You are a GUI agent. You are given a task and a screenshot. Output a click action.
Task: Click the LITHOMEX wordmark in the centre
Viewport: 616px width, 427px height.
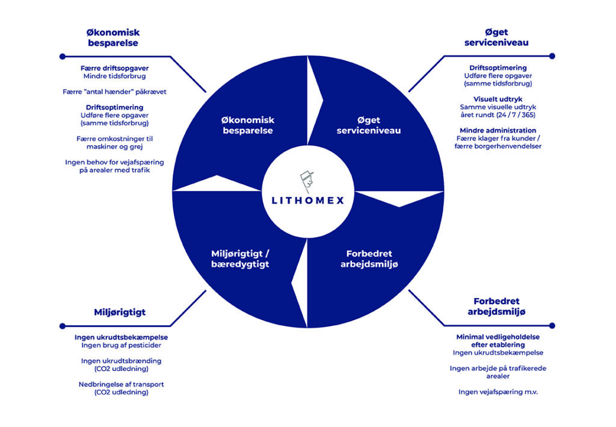308,201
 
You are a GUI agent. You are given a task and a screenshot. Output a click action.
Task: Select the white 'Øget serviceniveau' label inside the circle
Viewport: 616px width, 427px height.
369,125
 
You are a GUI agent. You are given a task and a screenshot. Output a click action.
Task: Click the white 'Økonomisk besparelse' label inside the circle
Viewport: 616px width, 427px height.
247,125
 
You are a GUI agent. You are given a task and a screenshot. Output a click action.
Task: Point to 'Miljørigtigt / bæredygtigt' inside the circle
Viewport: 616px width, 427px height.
240,259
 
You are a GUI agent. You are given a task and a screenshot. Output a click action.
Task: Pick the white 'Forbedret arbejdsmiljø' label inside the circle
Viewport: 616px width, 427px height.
369,259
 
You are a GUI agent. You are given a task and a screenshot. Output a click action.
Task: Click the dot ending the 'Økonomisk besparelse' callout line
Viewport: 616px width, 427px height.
63,57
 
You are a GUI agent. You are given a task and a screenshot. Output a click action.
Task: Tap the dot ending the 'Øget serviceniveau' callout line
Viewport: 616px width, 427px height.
552,56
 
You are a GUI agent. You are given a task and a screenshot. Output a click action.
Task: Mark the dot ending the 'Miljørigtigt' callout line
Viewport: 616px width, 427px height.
63,326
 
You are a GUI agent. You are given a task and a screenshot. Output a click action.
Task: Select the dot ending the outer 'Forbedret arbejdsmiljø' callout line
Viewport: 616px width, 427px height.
552,326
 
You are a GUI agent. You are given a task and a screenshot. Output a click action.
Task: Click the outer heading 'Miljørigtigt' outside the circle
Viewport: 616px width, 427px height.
120,312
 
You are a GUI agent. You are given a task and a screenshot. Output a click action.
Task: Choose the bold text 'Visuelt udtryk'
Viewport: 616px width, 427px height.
497,99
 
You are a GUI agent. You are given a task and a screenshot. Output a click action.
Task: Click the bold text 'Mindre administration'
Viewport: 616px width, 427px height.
497,130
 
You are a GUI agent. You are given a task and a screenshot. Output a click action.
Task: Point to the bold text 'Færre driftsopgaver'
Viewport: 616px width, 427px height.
114,68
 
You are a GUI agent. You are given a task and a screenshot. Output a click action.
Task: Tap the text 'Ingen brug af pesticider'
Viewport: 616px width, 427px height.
121,345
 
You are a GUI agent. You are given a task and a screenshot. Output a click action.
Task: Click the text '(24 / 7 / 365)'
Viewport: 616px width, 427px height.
515,115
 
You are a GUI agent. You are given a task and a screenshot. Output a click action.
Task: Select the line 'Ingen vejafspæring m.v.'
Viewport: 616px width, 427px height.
497,391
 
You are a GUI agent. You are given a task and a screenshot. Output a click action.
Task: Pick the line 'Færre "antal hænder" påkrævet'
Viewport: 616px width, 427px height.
114,92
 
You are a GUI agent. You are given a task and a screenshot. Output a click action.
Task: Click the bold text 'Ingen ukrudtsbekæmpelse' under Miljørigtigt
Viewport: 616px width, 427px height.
121,337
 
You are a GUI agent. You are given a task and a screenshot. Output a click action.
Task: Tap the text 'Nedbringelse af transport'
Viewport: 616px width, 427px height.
121,384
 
